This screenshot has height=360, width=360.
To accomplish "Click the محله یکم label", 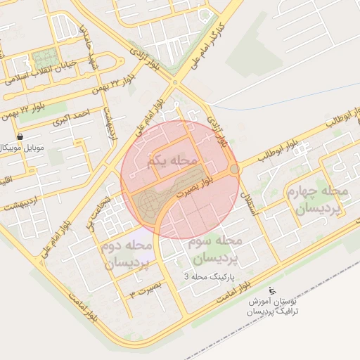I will [171, 161].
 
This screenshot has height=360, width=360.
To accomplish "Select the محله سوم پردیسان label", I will [215, 249].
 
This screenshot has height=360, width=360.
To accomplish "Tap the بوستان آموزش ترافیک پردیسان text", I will [273, 304].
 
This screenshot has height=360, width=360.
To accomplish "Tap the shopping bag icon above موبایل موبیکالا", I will [19, 136].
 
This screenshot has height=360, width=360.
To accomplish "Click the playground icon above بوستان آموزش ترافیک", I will [273, 290].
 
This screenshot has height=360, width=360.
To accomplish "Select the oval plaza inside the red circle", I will [149, 204].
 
